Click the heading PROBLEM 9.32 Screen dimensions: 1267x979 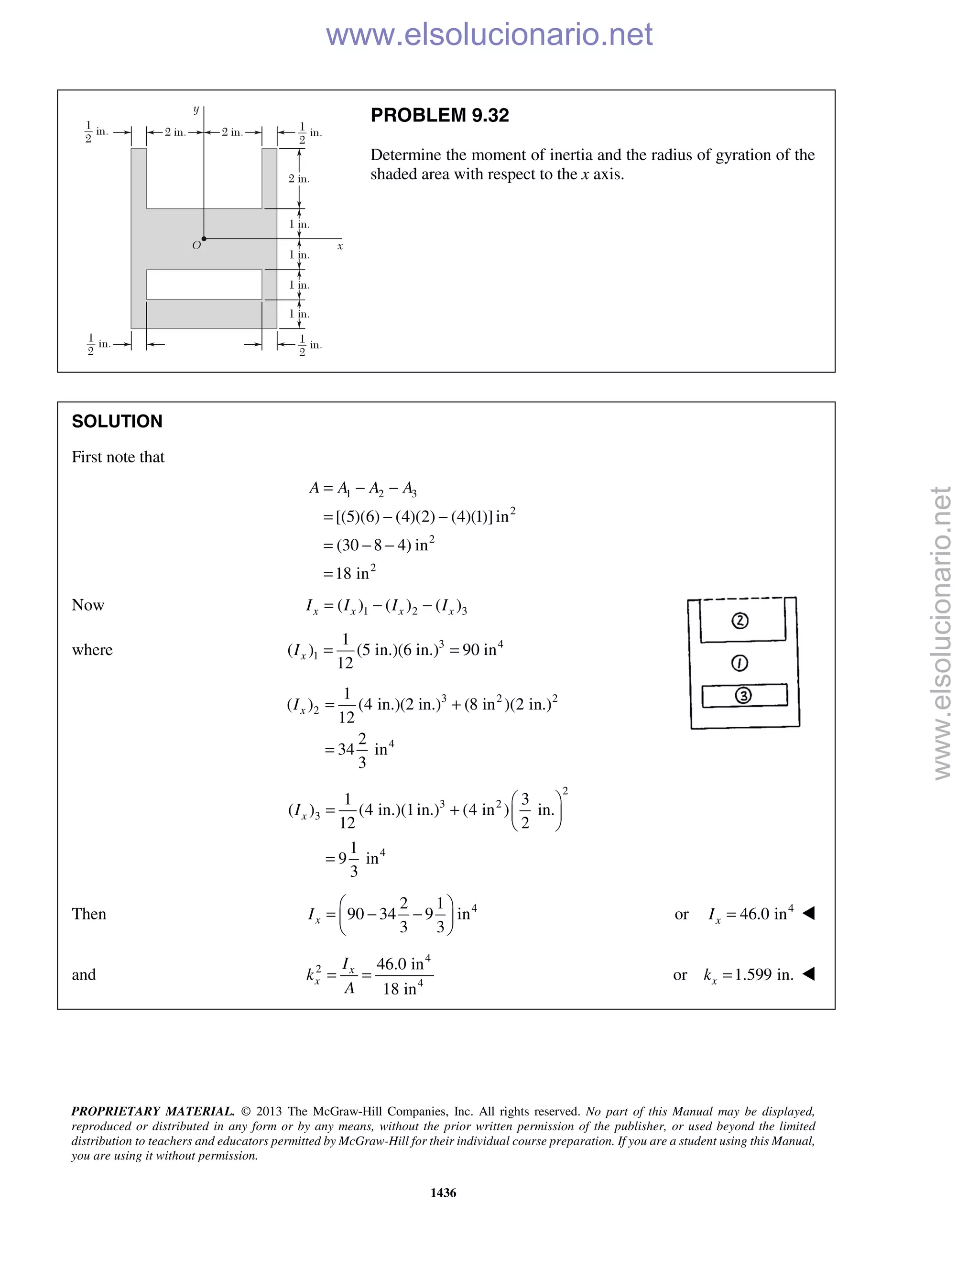pos(440,115)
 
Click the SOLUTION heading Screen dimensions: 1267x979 pos(117,421)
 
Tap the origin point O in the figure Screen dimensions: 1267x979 pos(204,239)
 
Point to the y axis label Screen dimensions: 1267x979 pos(196,109)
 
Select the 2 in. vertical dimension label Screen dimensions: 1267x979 pos(299,179)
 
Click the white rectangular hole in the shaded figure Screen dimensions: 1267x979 pos(204,285)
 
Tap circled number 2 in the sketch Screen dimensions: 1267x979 pos(740,621)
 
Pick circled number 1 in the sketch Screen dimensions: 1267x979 pos(740,663)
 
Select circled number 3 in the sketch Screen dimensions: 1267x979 pos(743,696)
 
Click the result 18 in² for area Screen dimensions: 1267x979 pos(355,573)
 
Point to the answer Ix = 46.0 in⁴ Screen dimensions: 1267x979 pos(751,914)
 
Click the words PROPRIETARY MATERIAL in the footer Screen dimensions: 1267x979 pos(152,1111)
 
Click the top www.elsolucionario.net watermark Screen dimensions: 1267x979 pos(489,34)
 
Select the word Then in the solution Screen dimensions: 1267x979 pos(89,914)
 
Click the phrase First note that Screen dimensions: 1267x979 pos(118,457)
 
